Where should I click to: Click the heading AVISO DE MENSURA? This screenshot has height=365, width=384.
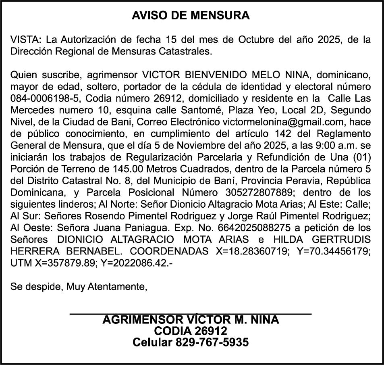[191, 16]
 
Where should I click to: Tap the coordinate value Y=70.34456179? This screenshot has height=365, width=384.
[333, 250]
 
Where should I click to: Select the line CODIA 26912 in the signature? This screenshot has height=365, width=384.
[191, 331]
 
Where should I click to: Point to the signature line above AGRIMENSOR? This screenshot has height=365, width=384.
[191, 313]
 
